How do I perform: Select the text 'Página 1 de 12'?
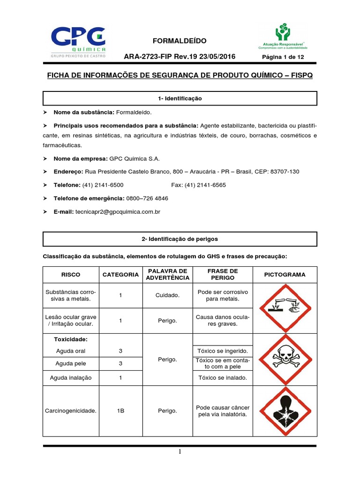pyautogui.click(x=283, y=57)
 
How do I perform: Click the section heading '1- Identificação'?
pyautogui.click(x=180, y=98)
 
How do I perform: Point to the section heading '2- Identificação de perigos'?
pyautogui.click(x=180, y=239)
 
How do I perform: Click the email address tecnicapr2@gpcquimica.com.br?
pyautogui.click(x=118, y=212)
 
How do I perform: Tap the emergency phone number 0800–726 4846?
pyautogui.click(x=147, y=198)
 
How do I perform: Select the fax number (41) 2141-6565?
pyautogui.click(x=198, y=185)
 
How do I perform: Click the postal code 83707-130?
pyautogui.click(x=283, y=172)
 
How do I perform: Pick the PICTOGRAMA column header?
pyautogui.click(x=285, y=275)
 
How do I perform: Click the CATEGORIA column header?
pyautogui.click(x=120, y=275)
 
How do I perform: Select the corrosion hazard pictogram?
pyautogui.click(x=285, y=307)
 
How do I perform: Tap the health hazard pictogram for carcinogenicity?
pyautogui.click(x=285, y=411)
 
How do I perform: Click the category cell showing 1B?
pyautogui.click(x=120, y=411)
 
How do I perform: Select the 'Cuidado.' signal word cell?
pyautogui.click(x=167, y=295)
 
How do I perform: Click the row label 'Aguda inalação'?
pyautogui.click(x=71, y=377)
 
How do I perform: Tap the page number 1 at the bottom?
pyautogui.click(x=180, y=452)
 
